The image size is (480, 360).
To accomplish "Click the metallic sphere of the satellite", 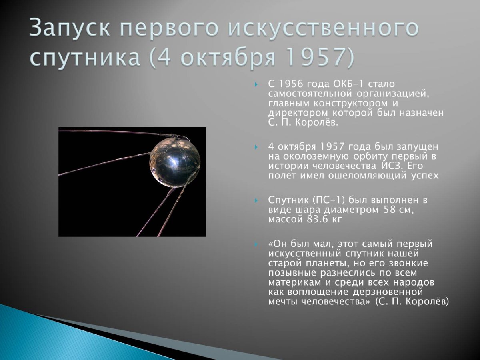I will [175, 162].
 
